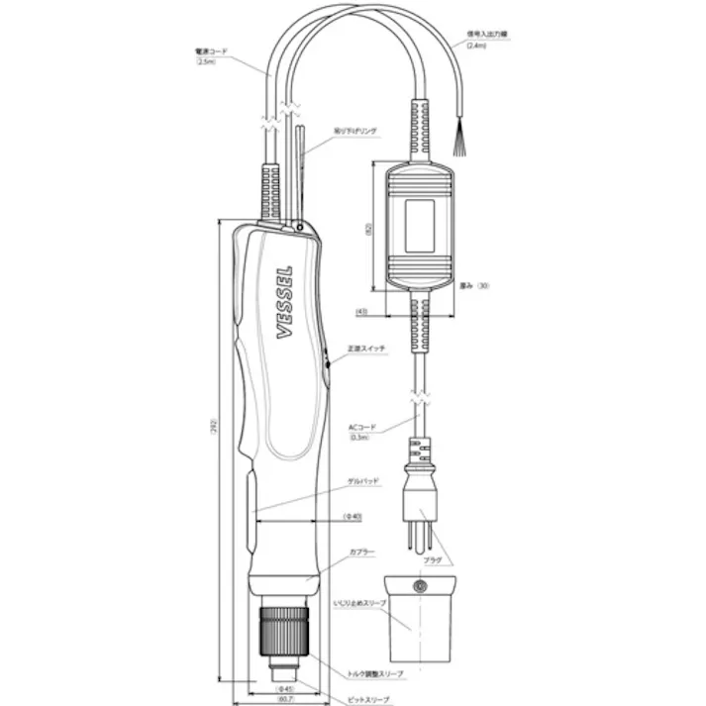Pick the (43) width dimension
(362, 312)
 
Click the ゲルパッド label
(363, 479)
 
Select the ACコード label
(361, 427)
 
